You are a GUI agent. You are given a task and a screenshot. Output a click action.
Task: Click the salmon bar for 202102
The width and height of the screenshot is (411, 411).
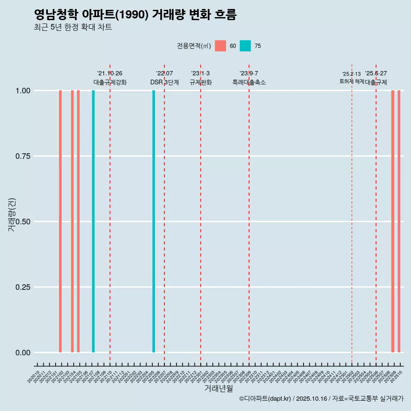click(x=60, y=221)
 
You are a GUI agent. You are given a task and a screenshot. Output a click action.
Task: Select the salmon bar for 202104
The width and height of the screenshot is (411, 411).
click(x=72, y=221)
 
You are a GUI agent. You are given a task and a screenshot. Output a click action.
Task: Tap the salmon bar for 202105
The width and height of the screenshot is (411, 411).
click(x=78, y=221)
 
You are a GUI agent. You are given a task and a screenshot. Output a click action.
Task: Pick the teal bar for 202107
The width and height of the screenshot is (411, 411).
click(x=93, y=221)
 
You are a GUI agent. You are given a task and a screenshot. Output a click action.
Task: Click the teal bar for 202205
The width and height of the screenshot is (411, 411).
click(x=154, y=221)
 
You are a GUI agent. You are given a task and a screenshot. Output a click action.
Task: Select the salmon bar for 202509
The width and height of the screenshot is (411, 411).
click(x=393, y=221)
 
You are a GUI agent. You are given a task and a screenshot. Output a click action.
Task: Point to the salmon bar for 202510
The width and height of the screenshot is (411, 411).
click(x=399, y=221)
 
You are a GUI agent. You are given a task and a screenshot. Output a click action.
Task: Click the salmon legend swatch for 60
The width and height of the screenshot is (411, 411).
click(x=220, y=46)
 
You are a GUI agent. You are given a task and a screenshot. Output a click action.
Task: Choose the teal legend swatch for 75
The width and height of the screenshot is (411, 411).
click(x=245, y=46)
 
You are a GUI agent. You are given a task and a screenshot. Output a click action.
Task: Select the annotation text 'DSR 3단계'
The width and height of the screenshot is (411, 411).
click(x=164, y=82)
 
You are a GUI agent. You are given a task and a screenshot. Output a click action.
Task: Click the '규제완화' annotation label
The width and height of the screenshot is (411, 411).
click(x=201, y=82)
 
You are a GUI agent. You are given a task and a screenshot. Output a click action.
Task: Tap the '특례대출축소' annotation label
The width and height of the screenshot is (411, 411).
click(x=249, y=82)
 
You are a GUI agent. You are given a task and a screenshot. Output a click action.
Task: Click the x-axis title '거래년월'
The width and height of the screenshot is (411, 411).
click(x=218, y=388)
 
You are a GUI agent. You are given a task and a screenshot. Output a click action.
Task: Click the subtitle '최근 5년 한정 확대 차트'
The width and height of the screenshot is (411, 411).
click(x=73, y=27)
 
